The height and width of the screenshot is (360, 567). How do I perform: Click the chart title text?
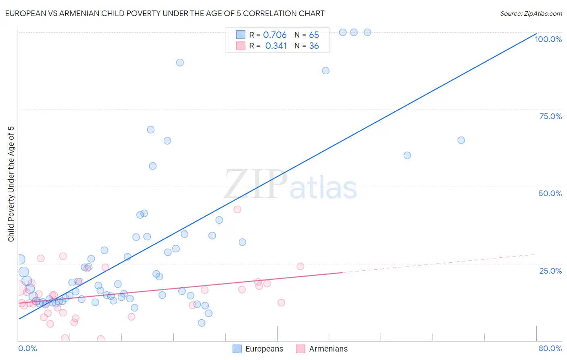pos(165,14)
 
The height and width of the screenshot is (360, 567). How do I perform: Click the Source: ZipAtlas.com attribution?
pos(531,14)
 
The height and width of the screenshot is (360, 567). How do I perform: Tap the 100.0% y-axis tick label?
pos(548,39)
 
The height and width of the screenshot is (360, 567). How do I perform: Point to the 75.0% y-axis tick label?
pos(550,116)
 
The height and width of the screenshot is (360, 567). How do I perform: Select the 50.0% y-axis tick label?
pos(550,193)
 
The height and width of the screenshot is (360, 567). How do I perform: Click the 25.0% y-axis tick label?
pos(550,271)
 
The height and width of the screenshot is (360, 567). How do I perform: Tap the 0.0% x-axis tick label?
pos(27,348)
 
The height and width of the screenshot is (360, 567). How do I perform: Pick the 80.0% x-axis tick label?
pos(550,348)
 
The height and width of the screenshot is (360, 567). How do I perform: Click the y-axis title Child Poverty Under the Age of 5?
pos(11,184)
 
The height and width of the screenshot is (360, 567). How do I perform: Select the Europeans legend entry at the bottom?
pos(258,349)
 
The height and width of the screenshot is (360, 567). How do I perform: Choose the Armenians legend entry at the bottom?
pos(322,349)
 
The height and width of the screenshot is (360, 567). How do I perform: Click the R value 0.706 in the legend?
pos(275,35)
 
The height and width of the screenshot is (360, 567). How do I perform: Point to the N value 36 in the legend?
pos(314,46)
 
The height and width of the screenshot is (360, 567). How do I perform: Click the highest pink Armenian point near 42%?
pos(237,209)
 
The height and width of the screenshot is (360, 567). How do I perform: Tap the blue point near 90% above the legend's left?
pos(180,63)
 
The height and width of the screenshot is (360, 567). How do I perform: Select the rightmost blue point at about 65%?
pos(461,140)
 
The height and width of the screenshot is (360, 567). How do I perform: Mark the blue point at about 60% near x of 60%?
pos(407,155)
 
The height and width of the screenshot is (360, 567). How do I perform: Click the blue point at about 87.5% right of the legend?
pos(325,71)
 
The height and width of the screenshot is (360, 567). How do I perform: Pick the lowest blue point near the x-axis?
pos(202,323)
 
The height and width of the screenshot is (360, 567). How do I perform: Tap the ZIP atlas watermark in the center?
pos(290,184)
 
